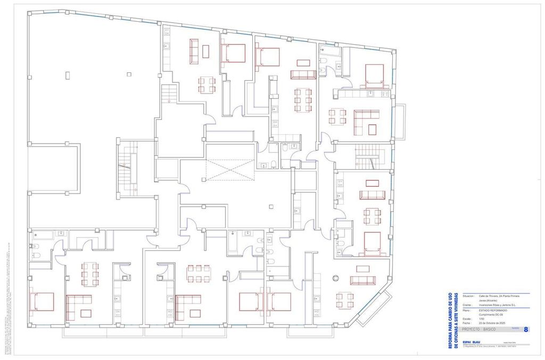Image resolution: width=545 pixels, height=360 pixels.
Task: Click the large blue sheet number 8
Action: [x=526, y=330]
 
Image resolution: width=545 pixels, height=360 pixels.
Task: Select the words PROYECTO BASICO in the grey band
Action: [x=479, y=330]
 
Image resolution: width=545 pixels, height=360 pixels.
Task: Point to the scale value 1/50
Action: [x=482, y=319]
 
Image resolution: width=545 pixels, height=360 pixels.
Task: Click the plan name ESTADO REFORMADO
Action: [x=493, y=310]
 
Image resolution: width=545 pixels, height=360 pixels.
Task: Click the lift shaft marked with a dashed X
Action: [x=228, y=170]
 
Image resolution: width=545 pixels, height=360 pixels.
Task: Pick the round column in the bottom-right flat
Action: [x=336, y=278]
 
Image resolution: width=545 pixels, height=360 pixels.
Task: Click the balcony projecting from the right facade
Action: [x=400, y=122]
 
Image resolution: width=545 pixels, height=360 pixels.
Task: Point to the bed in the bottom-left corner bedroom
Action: [x=42, y=302]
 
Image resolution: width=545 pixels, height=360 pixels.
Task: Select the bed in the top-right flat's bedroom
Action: [x=374, y=75]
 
